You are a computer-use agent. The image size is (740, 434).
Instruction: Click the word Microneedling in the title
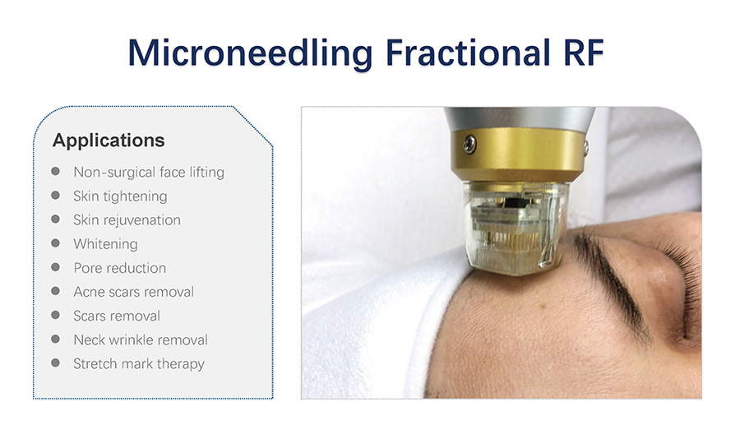250,53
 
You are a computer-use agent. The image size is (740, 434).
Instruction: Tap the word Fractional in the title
468,52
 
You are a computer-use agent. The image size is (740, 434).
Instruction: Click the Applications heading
109,141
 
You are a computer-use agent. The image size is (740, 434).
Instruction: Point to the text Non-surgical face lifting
149,172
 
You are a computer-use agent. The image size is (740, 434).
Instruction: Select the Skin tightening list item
120,196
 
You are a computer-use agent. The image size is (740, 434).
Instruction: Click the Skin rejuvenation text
127,220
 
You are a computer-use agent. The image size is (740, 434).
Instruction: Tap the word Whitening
105,244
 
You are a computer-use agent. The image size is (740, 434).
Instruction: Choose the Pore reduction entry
119,268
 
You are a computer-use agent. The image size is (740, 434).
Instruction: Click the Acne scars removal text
133,292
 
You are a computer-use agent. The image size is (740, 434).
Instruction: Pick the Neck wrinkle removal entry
140,340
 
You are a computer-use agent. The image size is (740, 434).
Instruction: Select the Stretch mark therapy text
139,364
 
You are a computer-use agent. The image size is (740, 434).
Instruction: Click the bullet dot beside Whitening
56,243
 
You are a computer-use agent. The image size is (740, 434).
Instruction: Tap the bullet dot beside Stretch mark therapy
56,362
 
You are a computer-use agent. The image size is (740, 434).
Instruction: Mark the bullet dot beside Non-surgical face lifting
56,171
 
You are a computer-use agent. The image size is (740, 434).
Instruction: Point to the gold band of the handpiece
518,154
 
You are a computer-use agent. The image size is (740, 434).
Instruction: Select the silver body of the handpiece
519,118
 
